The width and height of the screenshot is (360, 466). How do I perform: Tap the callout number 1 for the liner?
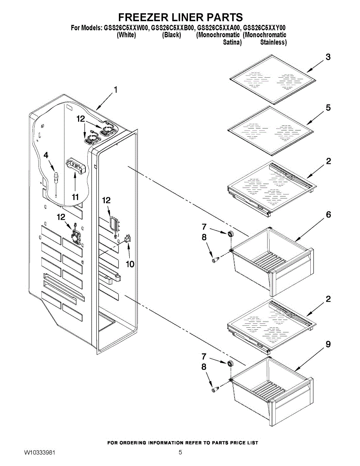click(x=115, y=90)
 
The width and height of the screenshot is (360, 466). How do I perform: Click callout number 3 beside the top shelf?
click(x=328, y=57)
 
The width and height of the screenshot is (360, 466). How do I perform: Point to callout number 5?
click(x=328, y=108)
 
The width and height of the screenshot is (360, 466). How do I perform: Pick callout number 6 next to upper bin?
click(x=328, y=215)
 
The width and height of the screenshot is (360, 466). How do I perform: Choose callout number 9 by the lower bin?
click(x=328, y=344)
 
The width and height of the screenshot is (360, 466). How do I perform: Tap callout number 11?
click(x=75, y=197)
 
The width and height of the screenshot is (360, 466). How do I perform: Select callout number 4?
click(x=46, y=155)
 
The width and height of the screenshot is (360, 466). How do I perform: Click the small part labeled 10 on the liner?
click(x=128, y=239)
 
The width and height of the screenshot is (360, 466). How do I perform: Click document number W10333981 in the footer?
click(x=40, y=453)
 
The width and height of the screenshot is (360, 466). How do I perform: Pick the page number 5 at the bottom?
click(x=180, y=453)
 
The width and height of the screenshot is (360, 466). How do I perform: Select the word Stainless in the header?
click(x=273, y=42)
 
